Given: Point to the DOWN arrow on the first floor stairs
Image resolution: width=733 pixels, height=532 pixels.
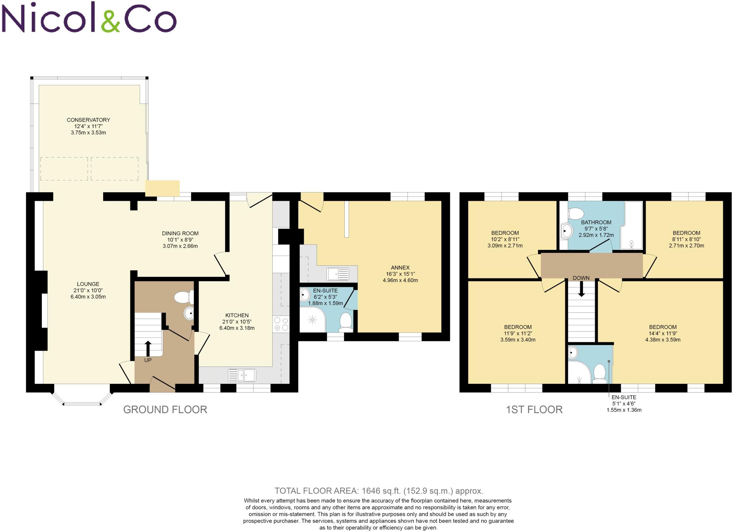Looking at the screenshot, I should pyautogui.click(x=581, y=289).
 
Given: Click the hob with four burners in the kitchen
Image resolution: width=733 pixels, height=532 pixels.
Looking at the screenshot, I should pyautogui.click(x=281, y=324).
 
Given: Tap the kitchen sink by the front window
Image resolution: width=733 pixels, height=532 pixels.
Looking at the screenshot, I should pyautogui.click(x=242, y=375).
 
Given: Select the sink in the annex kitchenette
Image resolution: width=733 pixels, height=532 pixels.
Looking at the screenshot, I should pyautogui.click(x=338, y=274).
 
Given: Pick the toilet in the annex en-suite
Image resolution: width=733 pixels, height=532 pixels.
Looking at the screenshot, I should pyautogui.click(x=346, y=320).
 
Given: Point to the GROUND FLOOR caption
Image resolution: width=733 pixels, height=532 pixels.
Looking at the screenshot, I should pyautogui.click(x=165, y=410).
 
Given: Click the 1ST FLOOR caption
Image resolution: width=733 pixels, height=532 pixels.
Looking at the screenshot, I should pyautogui.click(x=534, y=410).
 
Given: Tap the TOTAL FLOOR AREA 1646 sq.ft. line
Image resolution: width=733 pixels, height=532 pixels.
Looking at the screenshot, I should pyautogui.click(x=379, y=491).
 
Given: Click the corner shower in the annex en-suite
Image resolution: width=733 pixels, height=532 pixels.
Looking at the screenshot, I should pyautogui.click(x=312, y=319).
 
